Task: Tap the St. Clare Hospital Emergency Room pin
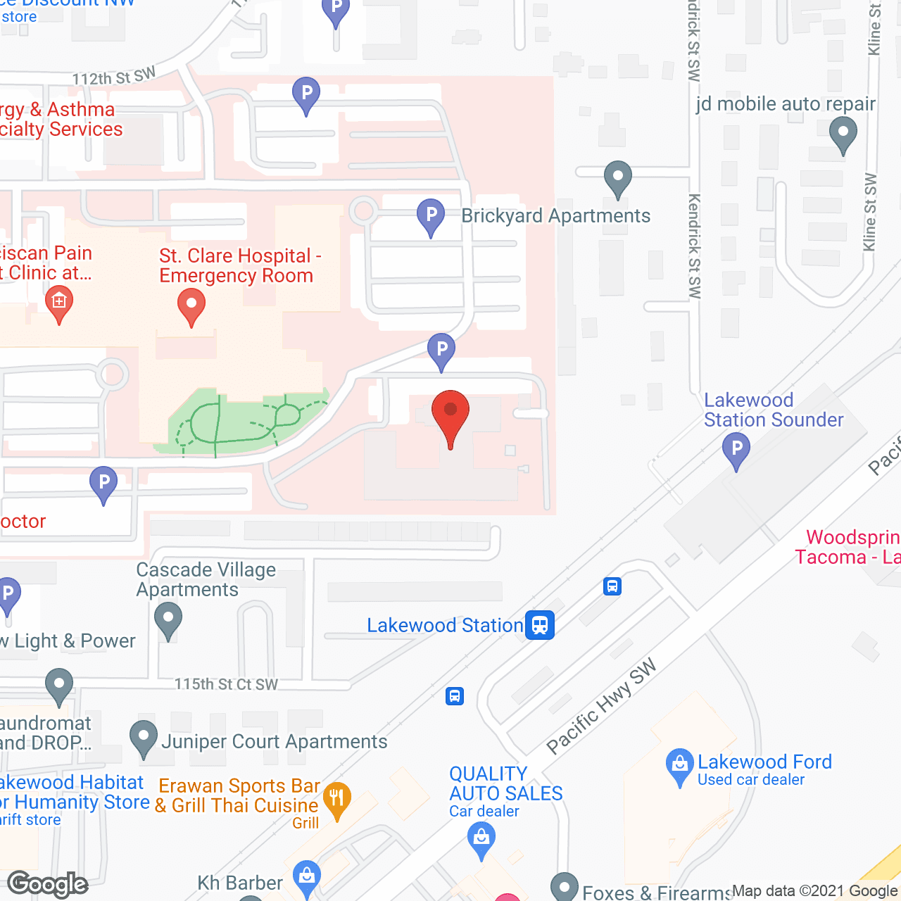tap(191, 306)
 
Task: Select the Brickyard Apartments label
tap(555, 215)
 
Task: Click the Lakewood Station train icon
tap(540, 625)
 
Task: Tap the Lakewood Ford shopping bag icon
tap(679, 765)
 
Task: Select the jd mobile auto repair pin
tap(843, 134)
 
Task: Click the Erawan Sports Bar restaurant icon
tap(337, 800)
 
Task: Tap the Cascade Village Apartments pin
tap(168, 622)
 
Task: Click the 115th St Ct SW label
tap(226, 684)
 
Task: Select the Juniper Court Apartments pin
tap(144, 738)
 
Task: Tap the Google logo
tap(48, 884)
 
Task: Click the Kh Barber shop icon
tap(306, 877)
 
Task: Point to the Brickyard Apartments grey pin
tap(618, 178)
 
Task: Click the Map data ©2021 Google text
tap(814, 890)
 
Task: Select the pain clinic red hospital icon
tap(59, 304)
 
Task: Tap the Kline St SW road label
tap(871, 211)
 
